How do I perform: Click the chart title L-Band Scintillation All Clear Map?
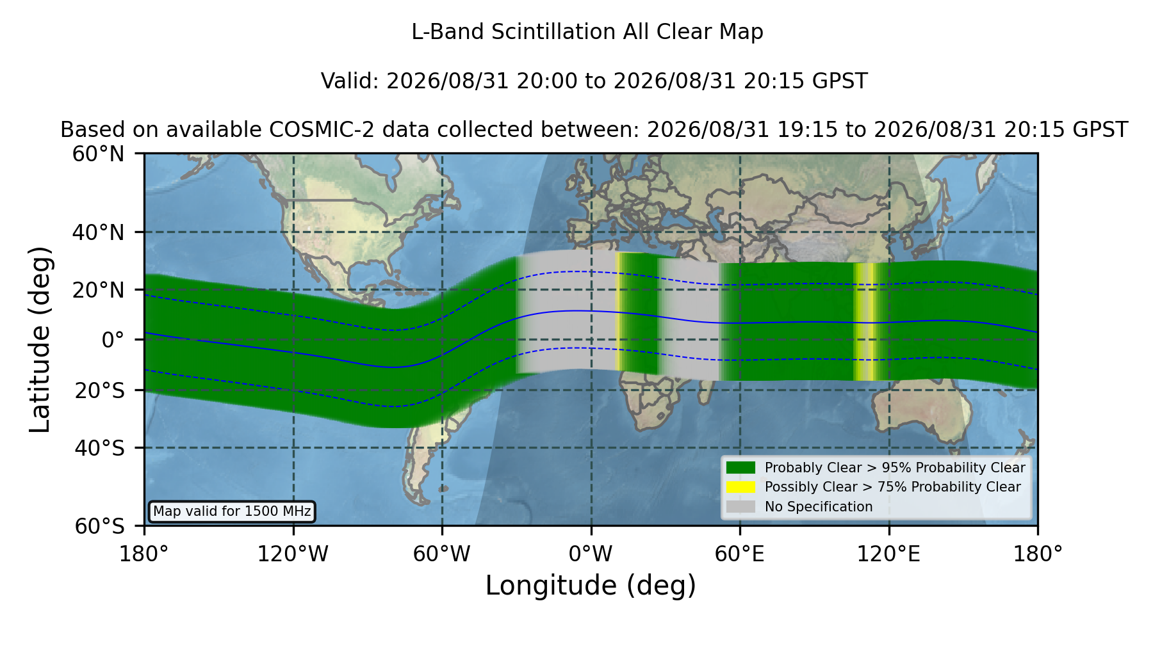click(x=587, y=32)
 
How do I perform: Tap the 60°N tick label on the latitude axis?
click(x=98, y=154)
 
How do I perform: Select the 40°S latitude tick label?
click(x=99, y=448)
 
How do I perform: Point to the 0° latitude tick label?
click(x=113, y=340)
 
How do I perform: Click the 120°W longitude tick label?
click(x=293, y=554)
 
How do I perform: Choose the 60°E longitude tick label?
click(x=740, y=554)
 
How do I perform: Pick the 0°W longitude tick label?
click(x=591, y=554)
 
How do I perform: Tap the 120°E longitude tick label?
click(x=888, y=554)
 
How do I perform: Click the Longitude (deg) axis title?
click(x=591, y=586)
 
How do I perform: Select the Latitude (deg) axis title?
click(x=40, y=339)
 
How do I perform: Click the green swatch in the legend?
click(x=741, y=468)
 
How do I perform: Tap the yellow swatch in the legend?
click(x=741, y=487)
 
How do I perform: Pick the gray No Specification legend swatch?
click(x=741, y=507)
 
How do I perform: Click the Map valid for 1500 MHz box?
click(x=232, y=511)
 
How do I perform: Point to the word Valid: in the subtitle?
click(x=350, y=81)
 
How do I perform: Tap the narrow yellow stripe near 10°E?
click(x=619, y=312)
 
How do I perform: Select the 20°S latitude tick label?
click(x=99, y=390)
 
